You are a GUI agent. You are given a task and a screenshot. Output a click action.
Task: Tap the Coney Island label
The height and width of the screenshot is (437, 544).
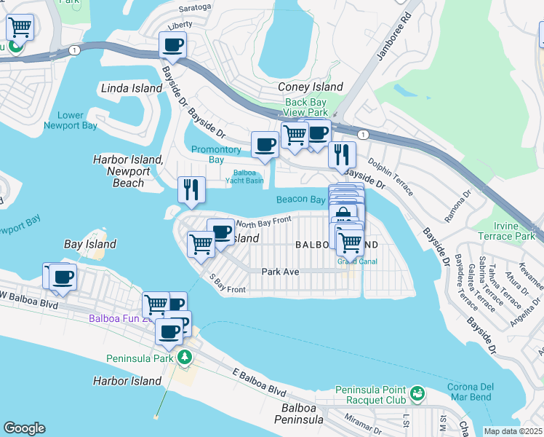coord(311,87)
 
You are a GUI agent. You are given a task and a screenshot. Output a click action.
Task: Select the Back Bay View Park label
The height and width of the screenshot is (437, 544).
coord(306,108)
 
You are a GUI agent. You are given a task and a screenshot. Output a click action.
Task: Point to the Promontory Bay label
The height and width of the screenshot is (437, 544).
coord(216,154)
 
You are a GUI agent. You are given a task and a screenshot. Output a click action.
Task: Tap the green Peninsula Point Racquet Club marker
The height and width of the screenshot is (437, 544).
coord(417,394)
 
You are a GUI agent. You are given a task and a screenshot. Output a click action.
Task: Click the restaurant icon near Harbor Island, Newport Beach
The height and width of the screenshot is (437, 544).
coord(191,189)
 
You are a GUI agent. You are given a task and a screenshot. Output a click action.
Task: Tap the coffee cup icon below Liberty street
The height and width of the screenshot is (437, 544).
coord(173,44)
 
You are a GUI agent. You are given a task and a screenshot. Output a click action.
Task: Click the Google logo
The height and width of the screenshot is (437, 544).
coord(24,428)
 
